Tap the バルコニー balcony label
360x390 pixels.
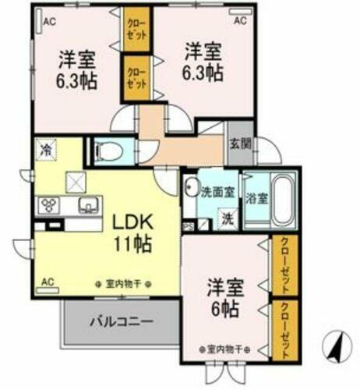(120, 321)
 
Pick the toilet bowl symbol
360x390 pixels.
(108, 150)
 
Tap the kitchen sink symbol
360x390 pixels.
(86, 206)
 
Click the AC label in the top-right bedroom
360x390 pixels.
(240, 21)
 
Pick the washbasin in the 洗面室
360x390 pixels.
(191, 190)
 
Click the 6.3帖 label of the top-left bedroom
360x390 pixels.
(76, 71)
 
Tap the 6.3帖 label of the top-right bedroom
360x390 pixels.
(204, 62)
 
